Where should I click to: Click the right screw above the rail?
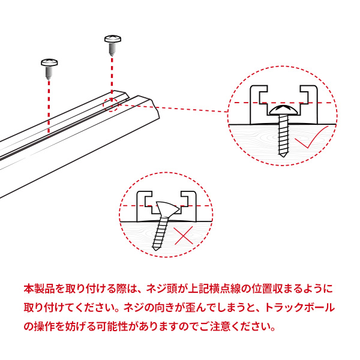pos(113,45)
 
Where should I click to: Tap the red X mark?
pos(184,236)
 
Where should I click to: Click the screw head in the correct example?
pos(284,110)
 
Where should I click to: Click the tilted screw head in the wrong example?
pos(167,208)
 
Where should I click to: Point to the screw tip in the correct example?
pos(283,155)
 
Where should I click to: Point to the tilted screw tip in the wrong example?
pos(155,248)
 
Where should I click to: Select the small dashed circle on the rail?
pos(110,104)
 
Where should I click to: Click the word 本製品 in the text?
pos(40,289)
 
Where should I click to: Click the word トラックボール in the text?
pos(300,307)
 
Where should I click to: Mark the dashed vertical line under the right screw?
pos(112,80)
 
